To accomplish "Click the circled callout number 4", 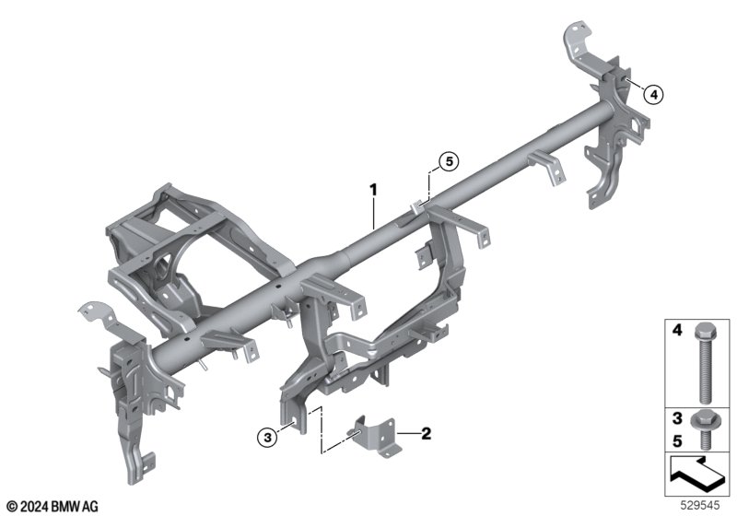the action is tap(653, 95).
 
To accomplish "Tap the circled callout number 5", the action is tap(449, 161).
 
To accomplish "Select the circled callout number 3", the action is tap(267, 439).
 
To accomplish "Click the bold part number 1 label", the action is tap(374, 190).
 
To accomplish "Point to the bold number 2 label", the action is tap(427, 433).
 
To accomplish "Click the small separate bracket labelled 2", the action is tap(375, 437).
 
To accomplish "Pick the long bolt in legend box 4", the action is tap(703, 363).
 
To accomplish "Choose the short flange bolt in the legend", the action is tap(703, 429).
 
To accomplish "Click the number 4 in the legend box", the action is tap(677, 331).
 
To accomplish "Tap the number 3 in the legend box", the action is tap(677, 417).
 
